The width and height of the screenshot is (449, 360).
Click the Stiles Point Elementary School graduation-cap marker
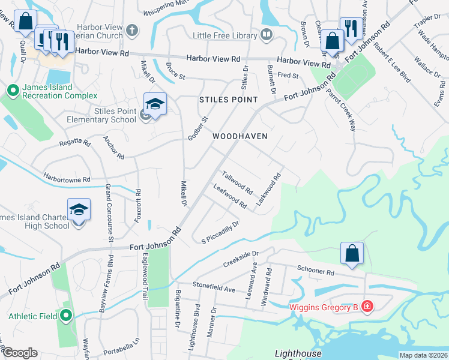tap(154, 104)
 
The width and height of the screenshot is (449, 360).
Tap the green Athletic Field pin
tap(67, 316)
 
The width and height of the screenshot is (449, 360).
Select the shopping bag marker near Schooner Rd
tap(352, 253)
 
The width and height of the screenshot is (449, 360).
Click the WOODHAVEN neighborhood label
tap(240, 136)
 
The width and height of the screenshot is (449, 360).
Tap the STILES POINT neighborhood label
tap(228, 100)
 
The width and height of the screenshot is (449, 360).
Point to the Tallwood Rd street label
tap(237, 182)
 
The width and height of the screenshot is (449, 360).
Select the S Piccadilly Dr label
tap(220, 232)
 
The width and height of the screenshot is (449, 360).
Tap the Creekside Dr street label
tap(240, 259)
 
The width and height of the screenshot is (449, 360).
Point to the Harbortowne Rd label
tap(66, 178)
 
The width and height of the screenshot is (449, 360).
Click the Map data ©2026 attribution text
tap(423, 355)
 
